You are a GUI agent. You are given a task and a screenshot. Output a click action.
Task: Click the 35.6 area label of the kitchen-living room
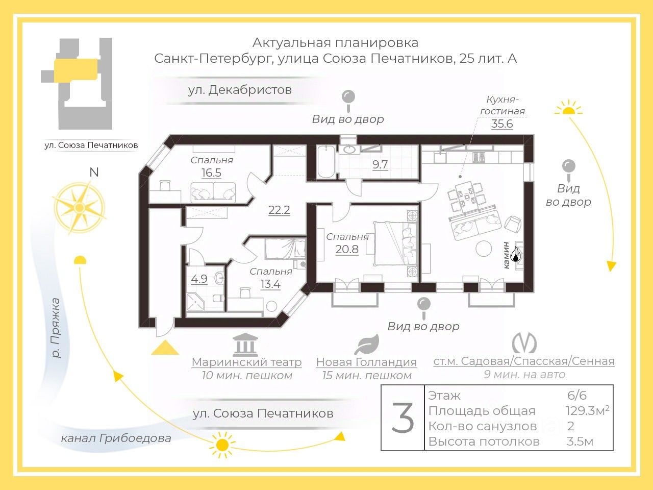502,124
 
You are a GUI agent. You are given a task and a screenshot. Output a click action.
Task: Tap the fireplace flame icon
516,254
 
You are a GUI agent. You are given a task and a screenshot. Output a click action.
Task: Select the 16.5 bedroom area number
211,173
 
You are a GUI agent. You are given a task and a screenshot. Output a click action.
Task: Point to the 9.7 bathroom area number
380,164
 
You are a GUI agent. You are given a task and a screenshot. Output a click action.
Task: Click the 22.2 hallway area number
279,210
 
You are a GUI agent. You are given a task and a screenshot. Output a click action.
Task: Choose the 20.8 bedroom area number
347,249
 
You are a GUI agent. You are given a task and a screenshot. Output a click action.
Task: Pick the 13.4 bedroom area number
270,284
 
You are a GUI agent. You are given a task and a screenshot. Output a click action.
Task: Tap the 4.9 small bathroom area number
199,279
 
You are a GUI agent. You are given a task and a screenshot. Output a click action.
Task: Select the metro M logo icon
524,343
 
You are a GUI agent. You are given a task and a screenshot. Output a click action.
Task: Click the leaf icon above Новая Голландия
366,345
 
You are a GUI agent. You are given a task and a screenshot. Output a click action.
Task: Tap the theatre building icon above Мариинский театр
245,345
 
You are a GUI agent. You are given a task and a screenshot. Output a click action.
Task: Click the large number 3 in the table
403,418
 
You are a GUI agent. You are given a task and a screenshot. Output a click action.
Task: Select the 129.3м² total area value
587,411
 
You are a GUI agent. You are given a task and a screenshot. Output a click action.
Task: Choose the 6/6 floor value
577,395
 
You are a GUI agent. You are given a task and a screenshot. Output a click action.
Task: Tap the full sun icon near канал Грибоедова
222,445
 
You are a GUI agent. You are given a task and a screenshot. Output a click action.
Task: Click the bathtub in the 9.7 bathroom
326,162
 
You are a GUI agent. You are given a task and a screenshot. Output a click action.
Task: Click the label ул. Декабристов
240,90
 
